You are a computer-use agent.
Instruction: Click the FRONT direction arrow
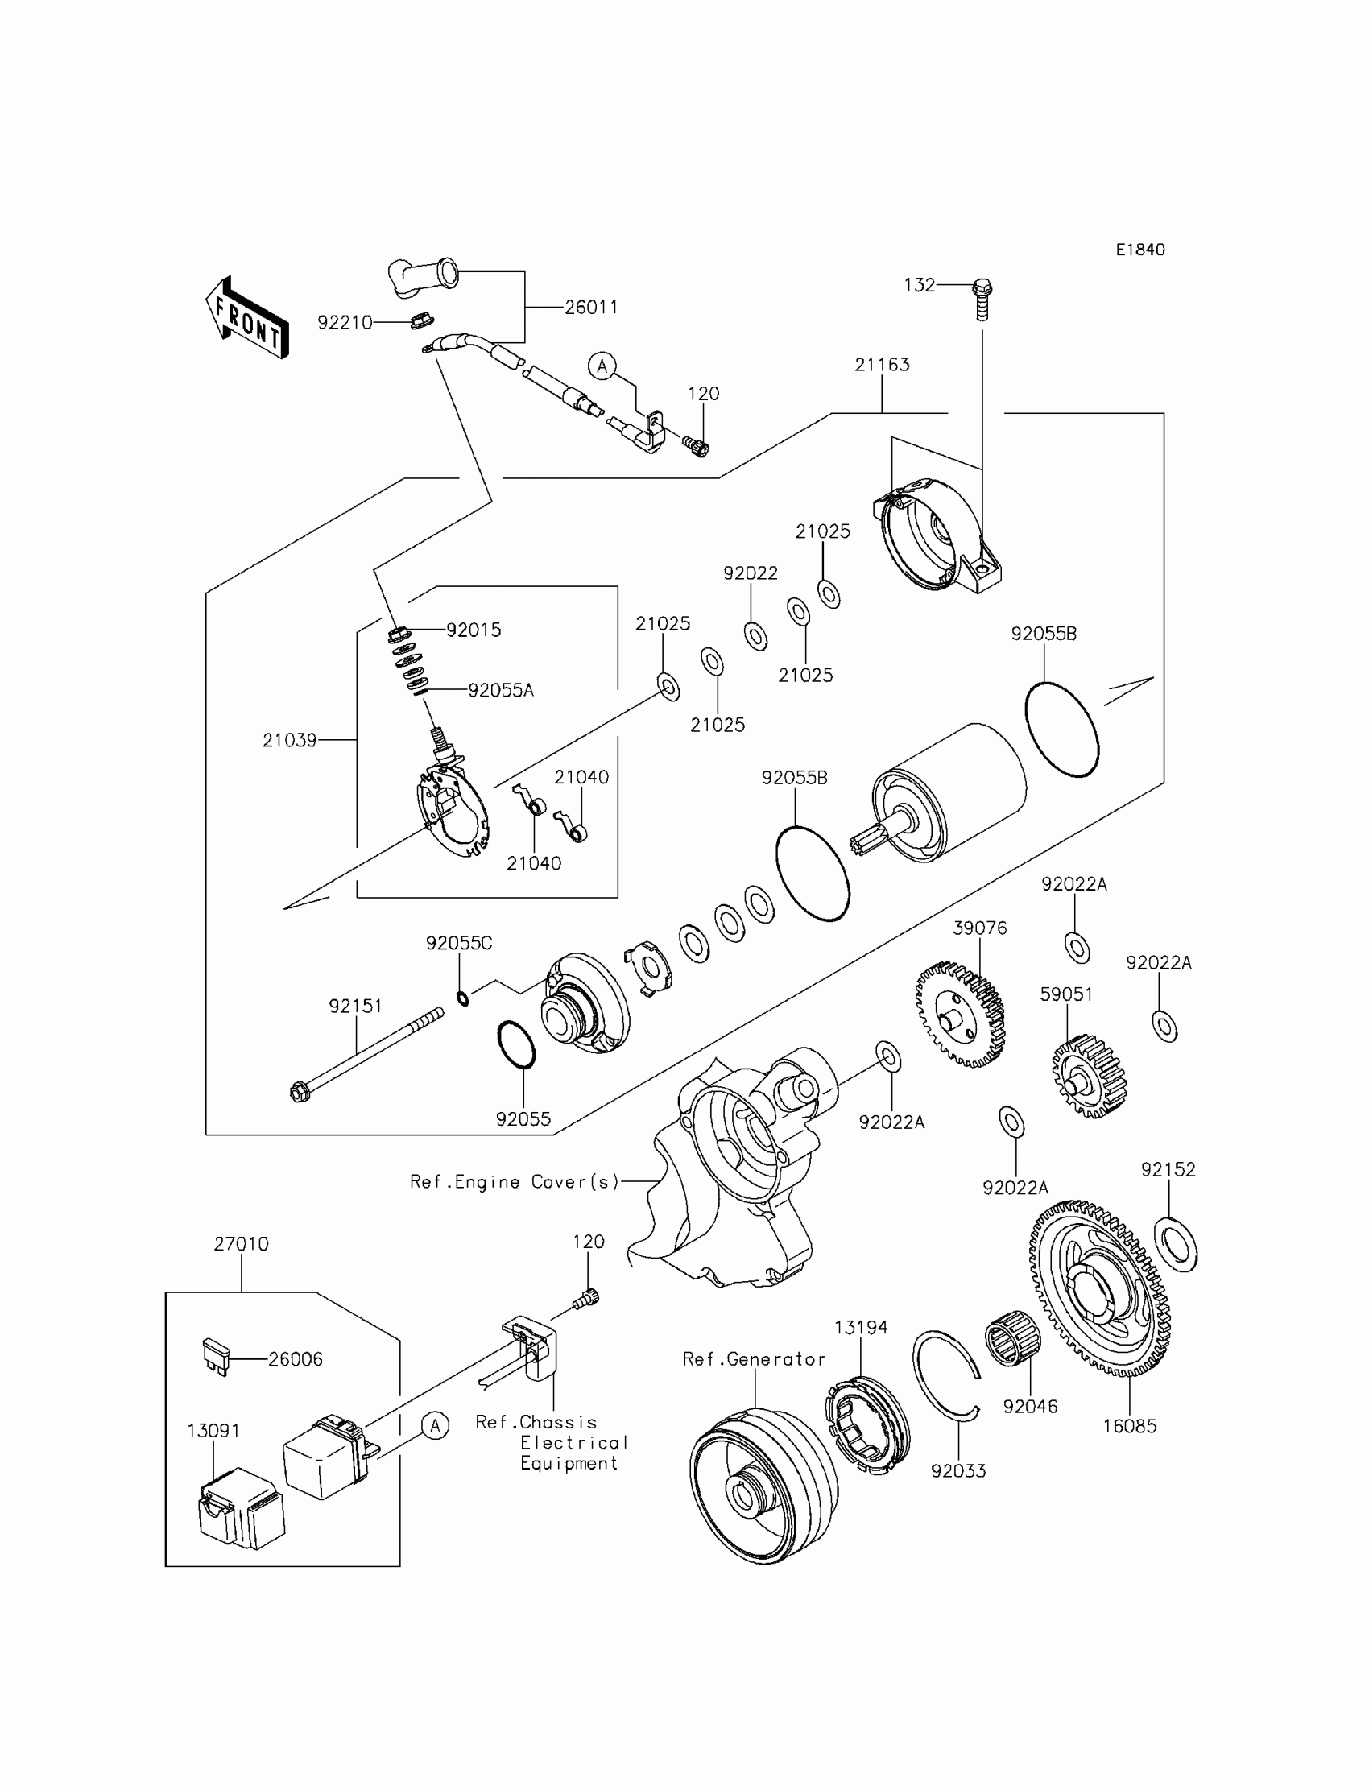(x=247, y=319)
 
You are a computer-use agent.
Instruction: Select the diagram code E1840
(x=1140, y=250)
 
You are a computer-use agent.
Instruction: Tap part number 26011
(x=591, y=308)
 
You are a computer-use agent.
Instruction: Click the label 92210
(x=345, y=323)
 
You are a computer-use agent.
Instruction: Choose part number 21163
(x=882, y=365)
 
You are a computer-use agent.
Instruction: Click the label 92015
(x=474, y=630)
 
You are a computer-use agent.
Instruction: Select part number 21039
(x=289, y=740)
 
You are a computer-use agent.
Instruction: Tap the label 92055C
(x=459, y=943)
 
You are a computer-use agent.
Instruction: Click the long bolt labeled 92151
(x=366, y=1052)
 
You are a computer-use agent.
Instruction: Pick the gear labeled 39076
(x=960, y=1015)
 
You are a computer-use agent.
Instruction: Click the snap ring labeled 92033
(x=945, y=1376)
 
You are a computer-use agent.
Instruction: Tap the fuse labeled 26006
(x=214, y=1357)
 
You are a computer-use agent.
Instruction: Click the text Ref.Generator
(x=754, y=1359)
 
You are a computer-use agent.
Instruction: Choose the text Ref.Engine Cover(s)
(x=515, y=1182)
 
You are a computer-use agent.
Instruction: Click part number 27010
(x=242, y=1244)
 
